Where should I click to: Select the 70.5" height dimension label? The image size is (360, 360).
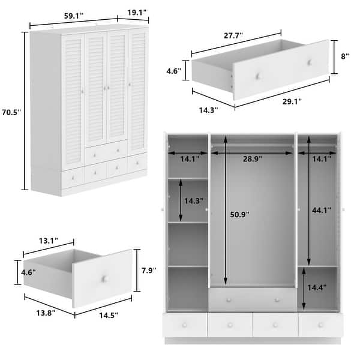[13, 112]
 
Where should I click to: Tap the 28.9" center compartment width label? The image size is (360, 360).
[252, 158]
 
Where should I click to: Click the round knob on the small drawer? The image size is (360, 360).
[104, 280]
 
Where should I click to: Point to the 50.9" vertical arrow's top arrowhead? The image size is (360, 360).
[226, 139]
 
